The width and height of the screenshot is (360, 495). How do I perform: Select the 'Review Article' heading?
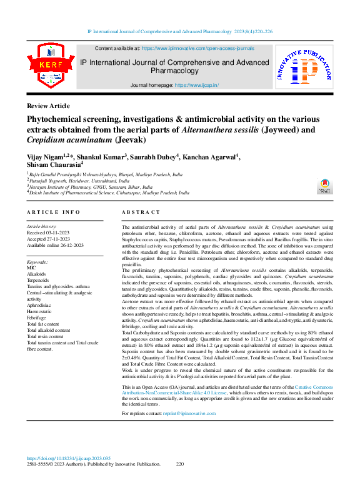click(48, 106)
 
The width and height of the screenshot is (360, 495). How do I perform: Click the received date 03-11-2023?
click(61, 232)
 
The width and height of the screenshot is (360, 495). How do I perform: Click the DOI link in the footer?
click(72, 457)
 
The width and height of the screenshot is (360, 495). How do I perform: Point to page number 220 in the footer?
click(181, 464)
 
